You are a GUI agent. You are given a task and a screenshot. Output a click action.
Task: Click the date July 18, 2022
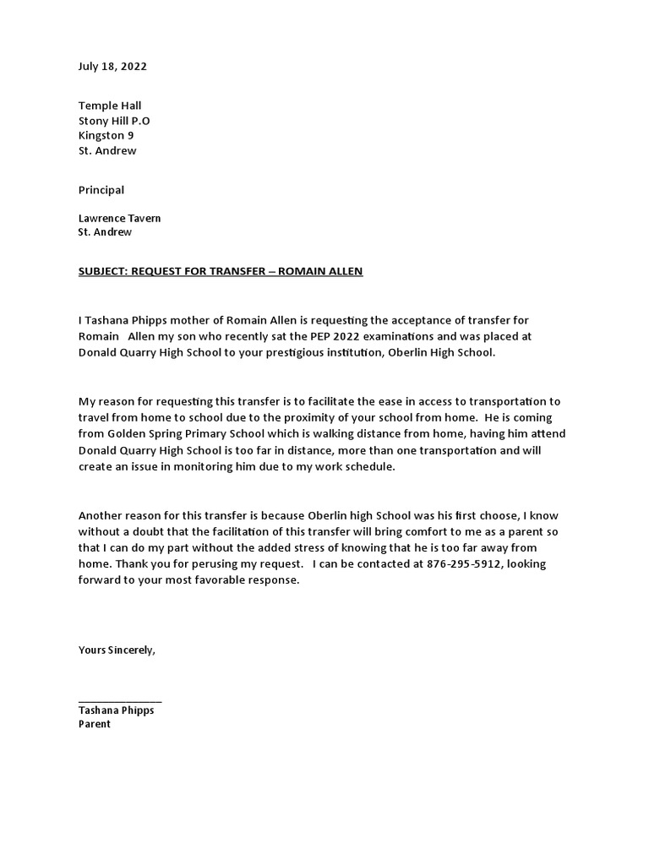[106, 67]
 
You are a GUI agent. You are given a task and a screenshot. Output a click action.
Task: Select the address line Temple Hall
[110, 106]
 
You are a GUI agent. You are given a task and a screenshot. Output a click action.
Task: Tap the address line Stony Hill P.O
[114, 121]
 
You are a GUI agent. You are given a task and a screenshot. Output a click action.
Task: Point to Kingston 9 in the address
[106, 136]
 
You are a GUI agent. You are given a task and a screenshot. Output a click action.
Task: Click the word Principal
[101, 190]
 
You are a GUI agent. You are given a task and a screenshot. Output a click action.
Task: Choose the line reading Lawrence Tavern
[119, 218]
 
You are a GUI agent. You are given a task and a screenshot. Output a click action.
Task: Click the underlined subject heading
[221, 271]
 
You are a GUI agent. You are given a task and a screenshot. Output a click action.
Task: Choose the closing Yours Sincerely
[117, 650]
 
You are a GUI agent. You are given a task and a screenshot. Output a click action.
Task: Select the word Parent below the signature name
[95, 725]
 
